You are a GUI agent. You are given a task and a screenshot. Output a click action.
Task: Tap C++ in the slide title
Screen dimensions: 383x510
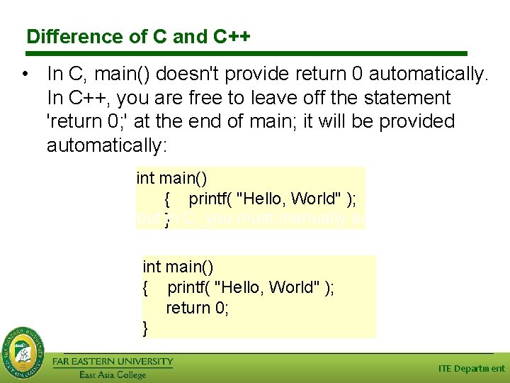231,36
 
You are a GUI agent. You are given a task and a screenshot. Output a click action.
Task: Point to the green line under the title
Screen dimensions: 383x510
247,53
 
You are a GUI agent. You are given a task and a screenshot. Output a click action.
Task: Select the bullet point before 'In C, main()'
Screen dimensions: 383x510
25,74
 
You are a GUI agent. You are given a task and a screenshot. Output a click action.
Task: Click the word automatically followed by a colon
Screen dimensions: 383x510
107,146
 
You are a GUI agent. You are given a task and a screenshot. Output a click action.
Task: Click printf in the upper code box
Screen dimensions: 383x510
210,199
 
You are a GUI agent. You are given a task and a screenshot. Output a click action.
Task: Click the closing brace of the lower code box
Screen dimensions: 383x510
146,328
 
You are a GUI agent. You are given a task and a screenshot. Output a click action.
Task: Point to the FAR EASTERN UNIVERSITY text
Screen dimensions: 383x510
113,362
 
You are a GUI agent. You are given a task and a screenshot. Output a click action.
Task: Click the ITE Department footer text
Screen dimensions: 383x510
471,368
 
